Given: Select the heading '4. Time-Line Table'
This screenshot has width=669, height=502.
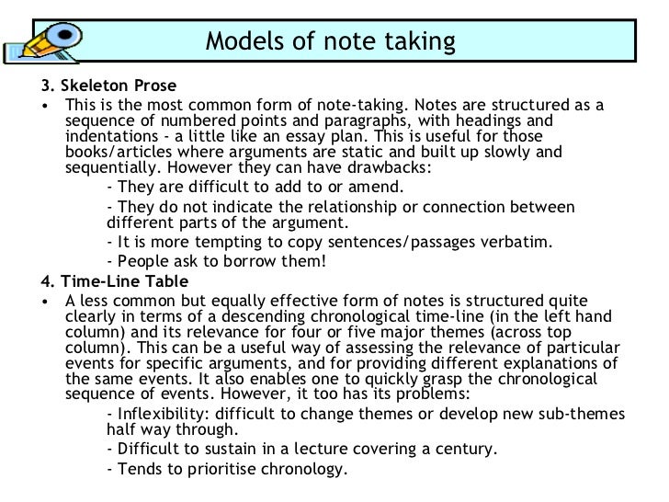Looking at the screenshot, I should tap(115, 280).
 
